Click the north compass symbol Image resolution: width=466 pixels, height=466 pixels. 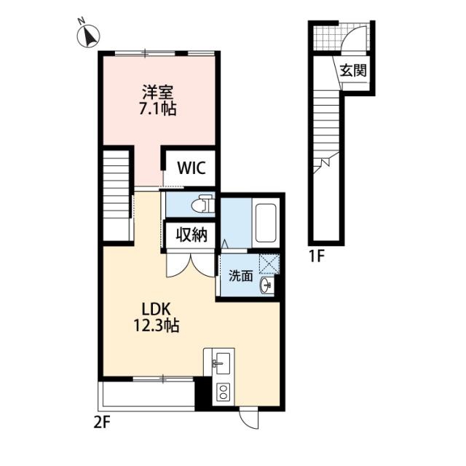pyautogui.click(x=88, y=36)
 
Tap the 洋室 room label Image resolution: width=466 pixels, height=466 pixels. pyautogui.click(x=157, y=92)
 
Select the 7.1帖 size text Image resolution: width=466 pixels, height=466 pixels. pyautogui.click(x=157, y=108)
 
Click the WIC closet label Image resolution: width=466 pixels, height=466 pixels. pyautogui.click(x=191, y=168)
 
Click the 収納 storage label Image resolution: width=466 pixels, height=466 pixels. pyautogui.click(x=191, y=235)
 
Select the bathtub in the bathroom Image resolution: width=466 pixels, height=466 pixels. pyautogui.click(x=266, y=223)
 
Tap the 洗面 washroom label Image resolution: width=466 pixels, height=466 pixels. pyautogui.click(x=240, y=276)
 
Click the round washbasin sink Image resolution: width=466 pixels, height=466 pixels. pyautogui.click(x=265, y=285)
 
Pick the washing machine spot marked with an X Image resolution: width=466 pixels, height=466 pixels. pyautogui.click(x=269, y=264)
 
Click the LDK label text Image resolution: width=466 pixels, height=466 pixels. pyautogui.click(x=156, y=310)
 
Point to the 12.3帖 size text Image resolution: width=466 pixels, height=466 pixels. pyautogui.click(x=156, y=325)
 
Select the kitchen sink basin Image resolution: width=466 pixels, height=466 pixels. pyautogui.click(x=223, y=363)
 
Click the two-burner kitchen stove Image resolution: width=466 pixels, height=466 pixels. pyautogui.click(x=223, y=392)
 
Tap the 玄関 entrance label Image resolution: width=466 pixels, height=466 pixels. pyautogui.click(x=353, y=71)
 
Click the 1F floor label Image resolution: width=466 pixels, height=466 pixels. pyautogui.click(x=316, y=256)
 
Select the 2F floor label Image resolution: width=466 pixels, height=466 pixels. pyautogui.click(x=102, y=422)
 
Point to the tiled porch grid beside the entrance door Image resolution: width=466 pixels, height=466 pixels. pyautogui.click(x=328, y=38)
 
